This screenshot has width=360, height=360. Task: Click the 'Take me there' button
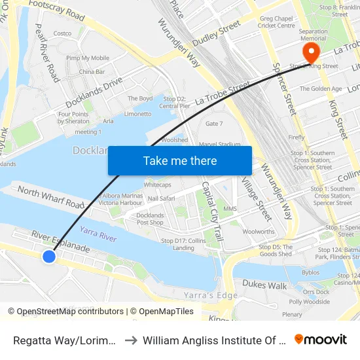pyautogui.click(x=180, y=160)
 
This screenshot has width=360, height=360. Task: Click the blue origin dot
pyautogui.click(x=49, y=257)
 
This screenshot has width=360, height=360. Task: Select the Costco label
pyautogui.click(x=62, y=33)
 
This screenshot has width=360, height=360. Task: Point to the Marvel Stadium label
pyautogui.click(x=219, y=145)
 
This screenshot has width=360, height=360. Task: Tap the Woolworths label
pyautogui.click(x=258, y=232)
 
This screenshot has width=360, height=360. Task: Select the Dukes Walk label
pyautogui.click(x=264, y=285)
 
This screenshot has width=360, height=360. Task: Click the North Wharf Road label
pyautogui.click(x=51, y=197)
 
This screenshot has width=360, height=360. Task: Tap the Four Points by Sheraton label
pyautogui.click(x=73, y=117)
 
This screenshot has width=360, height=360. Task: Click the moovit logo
pyautogui.click(x=321, y=339)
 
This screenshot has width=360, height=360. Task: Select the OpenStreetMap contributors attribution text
pyautogui.click(x=71, y=312)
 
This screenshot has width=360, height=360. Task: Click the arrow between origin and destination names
pyautogui.click(x=129, y=340)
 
